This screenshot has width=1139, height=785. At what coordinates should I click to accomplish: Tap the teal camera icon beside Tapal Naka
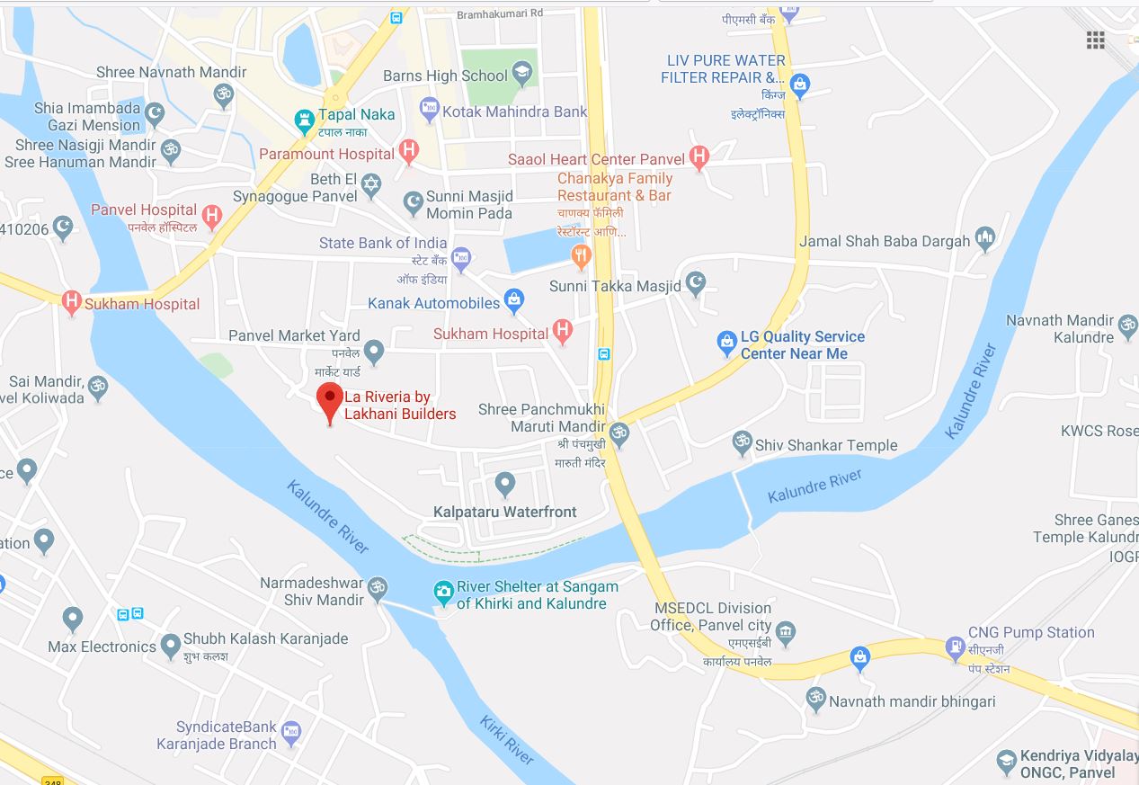pos(304,116)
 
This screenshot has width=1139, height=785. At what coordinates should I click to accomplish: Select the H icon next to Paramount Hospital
pos(409,153)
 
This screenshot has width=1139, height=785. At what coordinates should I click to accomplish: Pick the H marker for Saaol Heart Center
pos(699,158)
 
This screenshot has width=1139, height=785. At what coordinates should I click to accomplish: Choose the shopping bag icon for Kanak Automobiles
pos(514,302)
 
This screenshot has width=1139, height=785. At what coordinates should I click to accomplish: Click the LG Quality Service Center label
pos(802,345)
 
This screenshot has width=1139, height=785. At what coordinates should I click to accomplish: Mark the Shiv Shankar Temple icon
pos(742,443)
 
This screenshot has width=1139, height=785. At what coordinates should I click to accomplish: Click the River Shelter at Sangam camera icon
pos(443,592)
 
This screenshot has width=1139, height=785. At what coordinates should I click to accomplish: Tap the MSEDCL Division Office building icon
pos(786,632)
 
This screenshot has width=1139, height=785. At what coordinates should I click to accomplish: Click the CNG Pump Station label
pos(1031,632)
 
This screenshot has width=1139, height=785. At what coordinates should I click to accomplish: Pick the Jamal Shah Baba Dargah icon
pos(985,240)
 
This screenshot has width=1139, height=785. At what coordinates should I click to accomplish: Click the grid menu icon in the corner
pos(1095,40)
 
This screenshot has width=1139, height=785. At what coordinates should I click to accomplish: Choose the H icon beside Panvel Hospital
pos(211,216)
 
